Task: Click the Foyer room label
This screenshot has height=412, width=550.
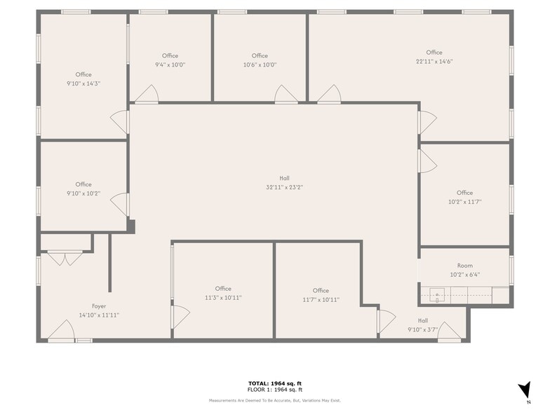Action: coord(99,306)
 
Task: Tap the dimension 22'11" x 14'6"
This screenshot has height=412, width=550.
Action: coord(434,62)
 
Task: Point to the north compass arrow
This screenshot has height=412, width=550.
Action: coord(524,390)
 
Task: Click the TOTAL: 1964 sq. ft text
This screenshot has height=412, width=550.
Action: coord(275,383)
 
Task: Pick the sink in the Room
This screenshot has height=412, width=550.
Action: coord(436,296)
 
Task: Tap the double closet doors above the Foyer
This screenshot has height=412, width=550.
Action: coord(65,259)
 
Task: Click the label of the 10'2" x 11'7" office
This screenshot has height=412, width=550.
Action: coord(464,193)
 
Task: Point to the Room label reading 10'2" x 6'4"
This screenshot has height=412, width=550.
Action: coord(464,266)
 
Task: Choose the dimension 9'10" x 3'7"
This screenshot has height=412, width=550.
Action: coord(422,329)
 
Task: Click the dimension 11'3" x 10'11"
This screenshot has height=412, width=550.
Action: coord(223,298)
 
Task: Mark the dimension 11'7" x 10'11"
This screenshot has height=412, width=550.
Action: coord(321,300)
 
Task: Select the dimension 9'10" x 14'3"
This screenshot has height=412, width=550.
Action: coord(83,83)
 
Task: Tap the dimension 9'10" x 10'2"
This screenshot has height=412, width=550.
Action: coord(83,193)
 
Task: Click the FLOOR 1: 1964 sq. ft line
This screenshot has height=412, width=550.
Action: coord(275,390)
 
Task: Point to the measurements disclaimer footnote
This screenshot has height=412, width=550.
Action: coord(275,400)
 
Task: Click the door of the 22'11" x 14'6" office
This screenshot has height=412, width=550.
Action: coord(329,94)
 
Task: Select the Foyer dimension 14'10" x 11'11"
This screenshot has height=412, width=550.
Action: coord(99,315)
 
